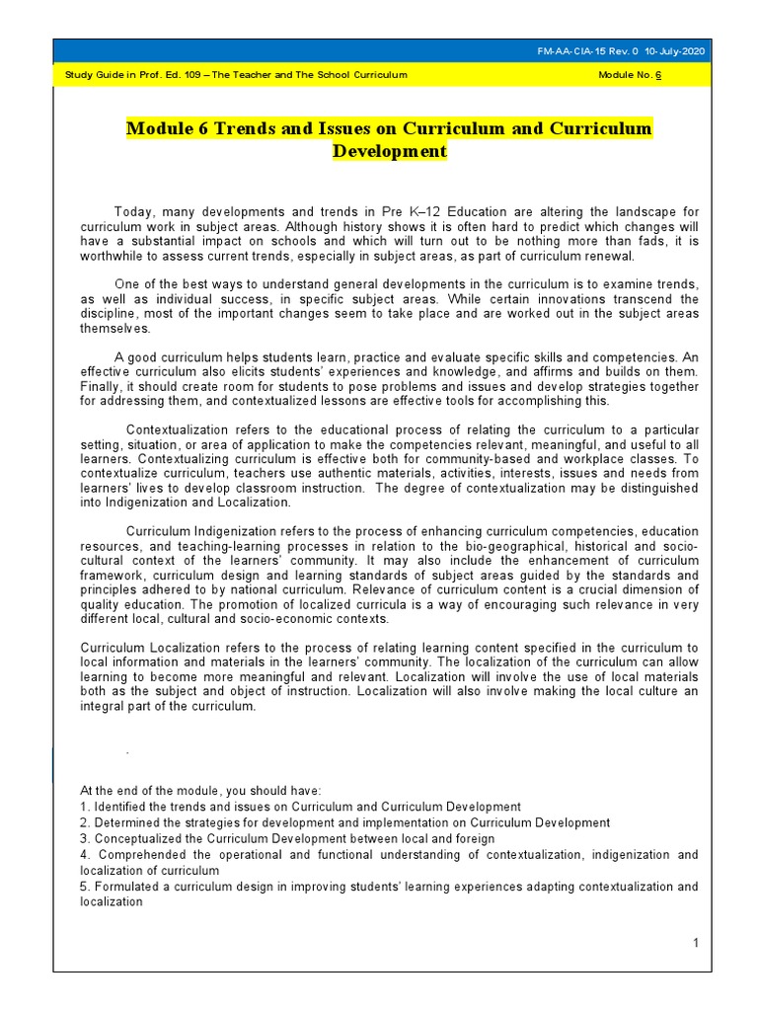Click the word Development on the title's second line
[x=389, y=152]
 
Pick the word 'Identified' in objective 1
[x=119, y=807]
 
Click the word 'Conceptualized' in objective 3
[x=134, y=838]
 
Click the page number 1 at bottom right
[x=695, y=944]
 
